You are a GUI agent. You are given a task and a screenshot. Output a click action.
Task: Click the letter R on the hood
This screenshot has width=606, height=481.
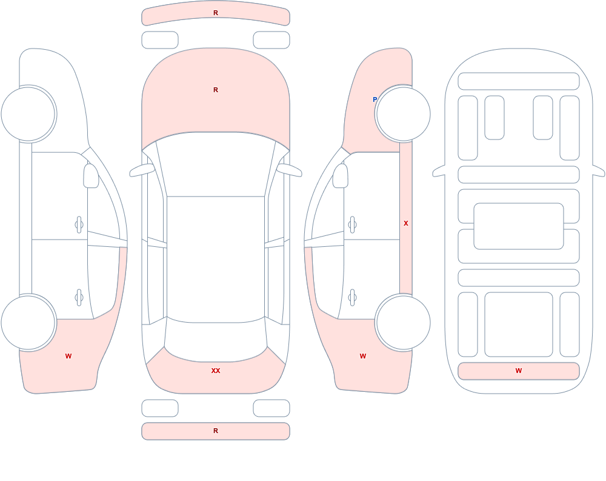216,90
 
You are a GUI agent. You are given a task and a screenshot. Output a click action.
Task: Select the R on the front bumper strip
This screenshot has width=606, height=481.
216,13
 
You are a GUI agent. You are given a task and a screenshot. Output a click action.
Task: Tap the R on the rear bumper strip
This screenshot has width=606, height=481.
216,431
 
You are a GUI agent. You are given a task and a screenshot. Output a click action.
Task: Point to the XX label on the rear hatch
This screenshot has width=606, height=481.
216,371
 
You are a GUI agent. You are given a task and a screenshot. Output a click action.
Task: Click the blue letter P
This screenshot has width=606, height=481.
375,99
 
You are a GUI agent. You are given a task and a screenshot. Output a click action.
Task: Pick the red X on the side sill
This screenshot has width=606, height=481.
406,223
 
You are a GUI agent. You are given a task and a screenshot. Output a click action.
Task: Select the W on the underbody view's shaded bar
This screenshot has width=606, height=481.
519,371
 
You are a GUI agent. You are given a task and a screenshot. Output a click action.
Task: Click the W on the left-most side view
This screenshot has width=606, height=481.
68,356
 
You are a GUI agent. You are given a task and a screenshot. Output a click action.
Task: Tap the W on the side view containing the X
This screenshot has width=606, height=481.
363,356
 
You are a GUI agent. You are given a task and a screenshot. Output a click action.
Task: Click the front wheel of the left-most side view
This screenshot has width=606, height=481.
28,114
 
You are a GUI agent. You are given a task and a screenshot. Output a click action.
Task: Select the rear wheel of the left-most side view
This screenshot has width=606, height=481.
28,323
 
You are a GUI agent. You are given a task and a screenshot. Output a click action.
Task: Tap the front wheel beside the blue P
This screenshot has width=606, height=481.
404,114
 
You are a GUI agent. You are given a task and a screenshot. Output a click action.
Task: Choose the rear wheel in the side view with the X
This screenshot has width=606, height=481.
404,323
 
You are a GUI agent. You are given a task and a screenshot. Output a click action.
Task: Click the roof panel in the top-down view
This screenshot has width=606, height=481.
216,259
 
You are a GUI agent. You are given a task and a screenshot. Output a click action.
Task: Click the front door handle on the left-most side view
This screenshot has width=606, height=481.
79,225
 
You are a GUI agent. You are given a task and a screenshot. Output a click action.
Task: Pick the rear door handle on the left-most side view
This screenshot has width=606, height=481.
79,298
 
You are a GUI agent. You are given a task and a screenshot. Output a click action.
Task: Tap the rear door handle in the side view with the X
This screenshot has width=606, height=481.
352,298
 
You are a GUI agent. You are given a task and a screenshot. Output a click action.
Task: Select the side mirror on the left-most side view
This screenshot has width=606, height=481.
91,176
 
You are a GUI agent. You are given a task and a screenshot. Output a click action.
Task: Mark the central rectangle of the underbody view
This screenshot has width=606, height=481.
519,226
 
